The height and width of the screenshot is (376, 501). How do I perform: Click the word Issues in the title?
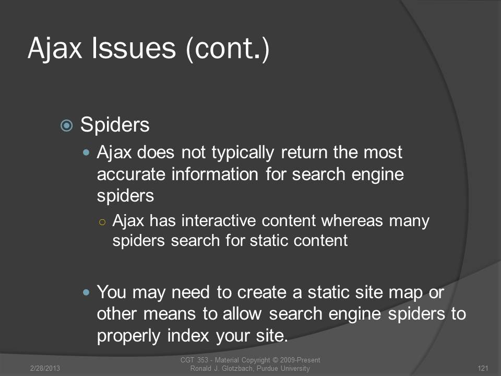coord(134,48)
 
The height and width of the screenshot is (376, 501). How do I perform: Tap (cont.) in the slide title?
coord(228,49)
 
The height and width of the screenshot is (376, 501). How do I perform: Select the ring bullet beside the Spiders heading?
coord(66,125)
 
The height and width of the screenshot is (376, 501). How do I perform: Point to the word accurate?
coord(132,174)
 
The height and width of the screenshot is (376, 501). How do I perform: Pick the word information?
coord(214,174)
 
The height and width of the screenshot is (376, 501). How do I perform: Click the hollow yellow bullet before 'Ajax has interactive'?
coord(102,222)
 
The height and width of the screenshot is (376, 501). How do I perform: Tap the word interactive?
coord(219,220)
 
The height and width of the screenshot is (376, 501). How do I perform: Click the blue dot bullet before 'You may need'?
coord(86,292)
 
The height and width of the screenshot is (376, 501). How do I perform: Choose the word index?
coord(188,335)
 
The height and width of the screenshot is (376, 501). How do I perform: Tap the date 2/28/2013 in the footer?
coord(45,368)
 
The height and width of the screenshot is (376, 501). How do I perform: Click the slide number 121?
coord(483,368)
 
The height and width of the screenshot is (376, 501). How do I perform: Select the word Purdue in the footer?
coord(267,368)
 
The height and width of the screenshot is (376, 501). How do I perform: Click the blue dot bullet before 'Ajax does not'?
coord(86,152)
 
